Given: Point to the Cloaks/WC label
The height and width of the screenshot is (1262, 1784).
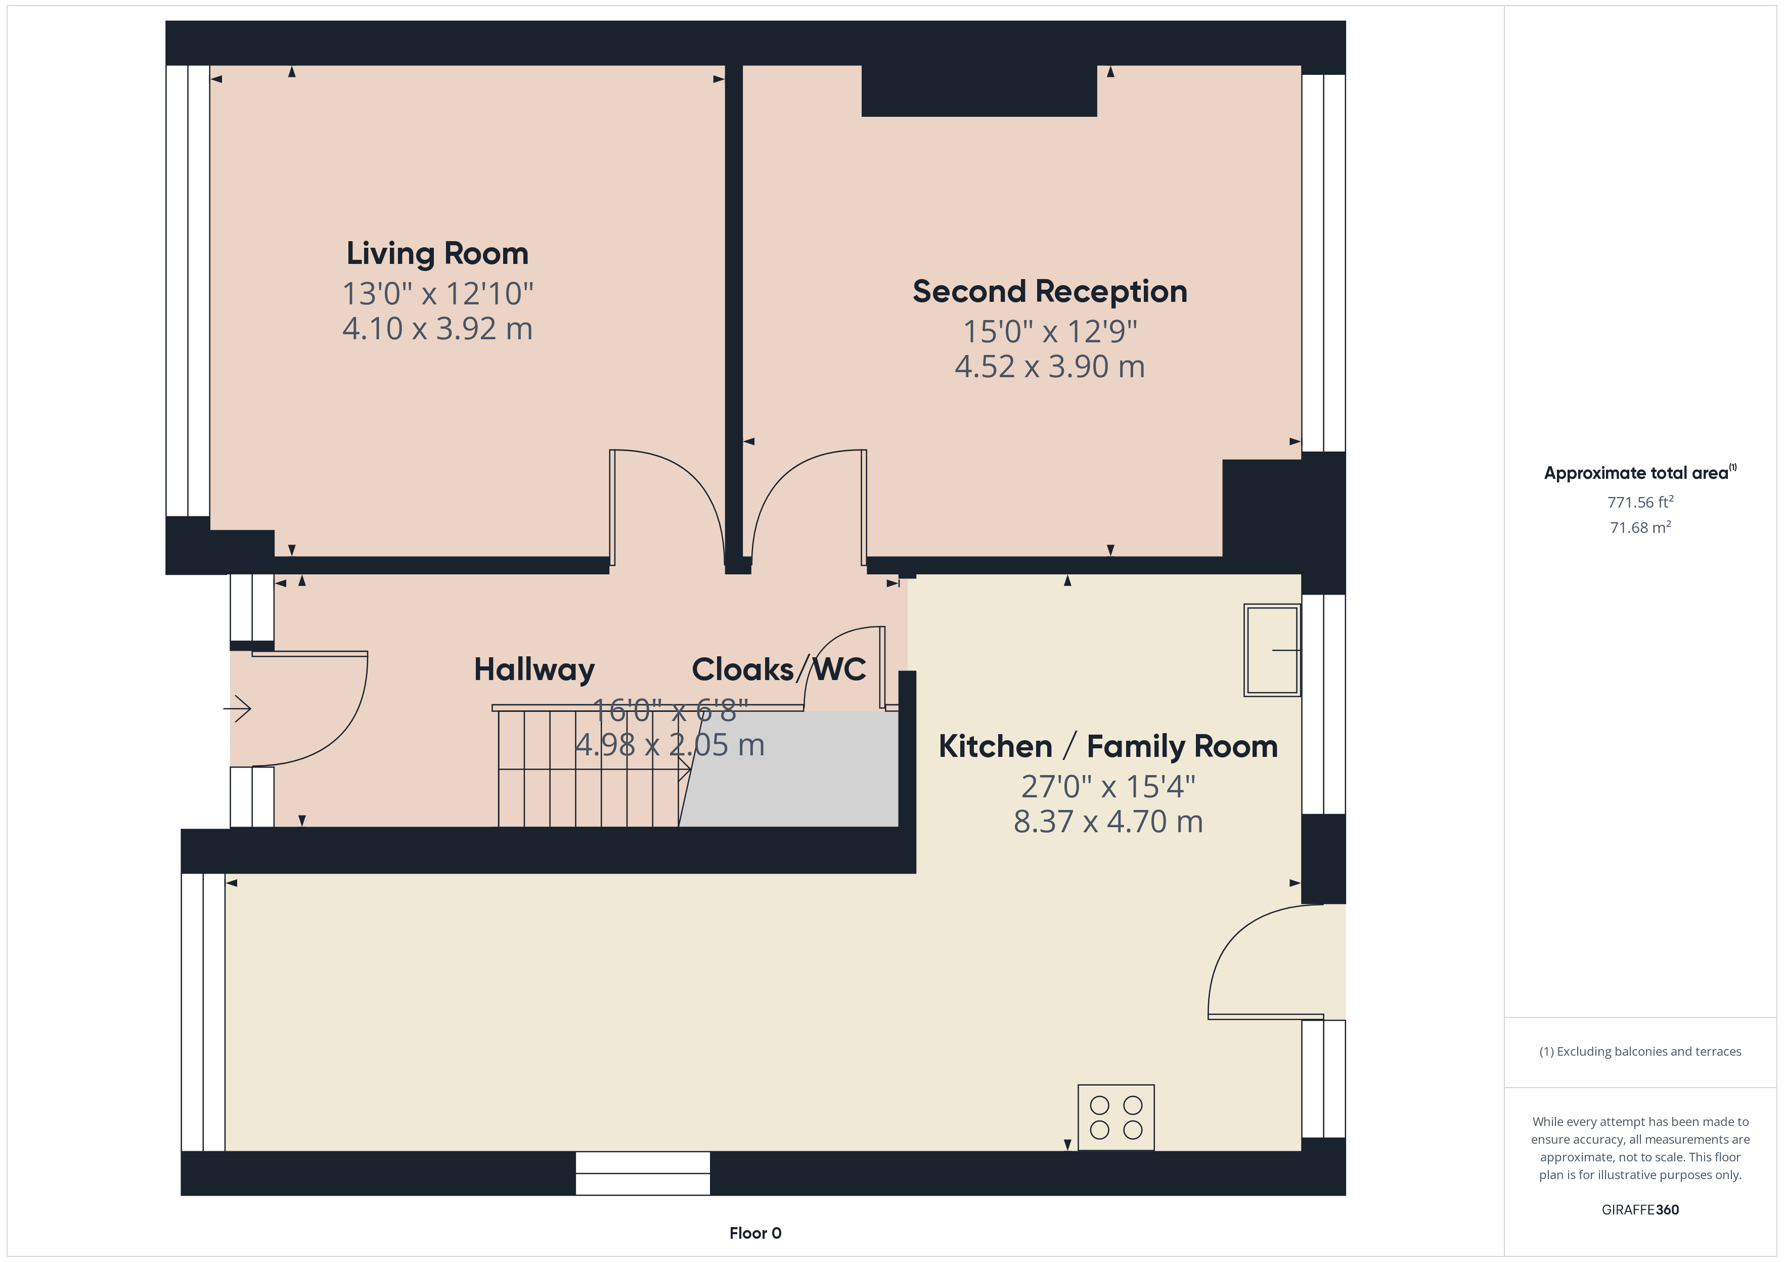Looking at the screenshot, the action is point(779,669).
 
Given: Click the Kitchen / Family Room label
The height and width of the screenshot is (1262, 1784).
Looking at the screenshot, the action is point(1108,746).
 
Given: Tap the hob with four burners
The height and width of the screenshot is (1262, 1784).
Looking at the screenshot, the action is point(1116,1117).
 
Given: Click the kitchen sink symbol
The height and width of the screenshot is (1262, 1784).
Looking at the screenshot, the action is point(1272,650).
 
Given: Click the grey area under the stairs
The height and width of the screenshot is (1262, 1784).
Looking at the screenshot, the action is point(789,770).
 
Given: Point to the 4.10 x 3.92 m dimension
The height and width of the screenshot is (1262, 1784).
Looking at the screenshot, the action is point(437,329).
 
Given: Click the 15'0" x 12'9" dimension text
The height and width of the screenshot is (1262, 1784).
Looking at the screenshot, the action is point(1050,332).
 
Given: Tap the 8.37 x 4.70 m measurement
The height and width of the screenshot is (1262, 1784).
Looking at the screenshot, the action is point(1108,822).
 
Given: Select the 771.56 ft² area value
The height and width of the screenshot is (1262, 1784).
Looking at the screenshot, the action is point(1640,502).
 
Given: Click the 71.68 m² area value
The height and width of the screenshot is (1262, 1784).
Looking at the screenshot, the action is point(1640,527).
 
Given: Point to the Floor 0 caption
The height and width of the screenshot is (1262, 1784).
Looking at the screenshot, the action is point(755,1233).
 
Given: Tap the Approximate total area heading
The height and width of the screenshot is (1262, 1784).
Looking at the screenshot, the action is point(1640,472).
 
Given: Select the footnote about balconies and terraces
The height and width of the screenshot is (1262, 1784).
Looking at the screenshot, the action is point(1640,1051).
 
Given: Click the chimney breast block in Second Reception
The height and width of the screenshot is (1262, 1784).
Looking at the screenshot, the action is point(979,91).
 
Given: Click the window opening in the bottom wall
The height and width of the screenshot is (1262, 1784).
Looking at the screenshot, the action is point(643,1174).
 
